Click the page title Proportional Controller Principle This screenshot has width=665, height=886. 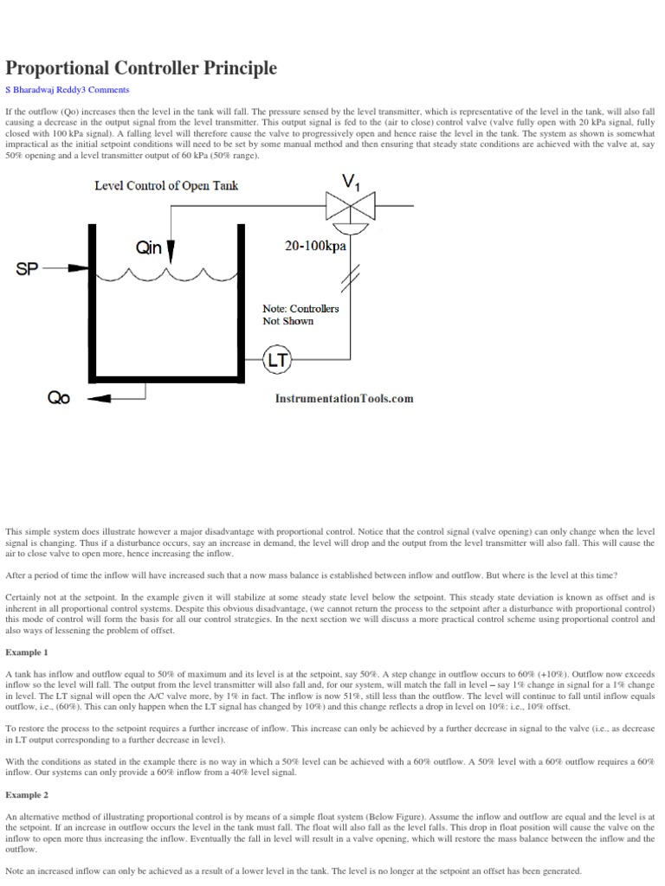click(141, 67)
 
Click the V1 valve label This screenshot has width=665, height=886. click(351, 183)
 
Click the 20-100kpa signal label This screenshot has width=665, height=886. click(315, 246)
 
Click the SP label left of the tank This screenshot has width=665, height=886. click(29, 268)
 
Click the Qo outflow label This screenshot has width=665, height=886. click(59, 399)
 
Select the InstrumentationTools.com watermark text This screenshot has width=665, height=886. click(344, 398)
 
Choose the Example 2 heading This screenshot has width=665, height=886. click(27, 793)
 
